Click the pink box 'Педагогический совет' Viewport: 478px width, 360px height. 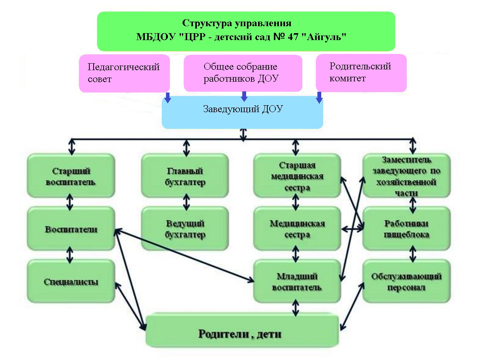pyautogui.click(x=124, y=73)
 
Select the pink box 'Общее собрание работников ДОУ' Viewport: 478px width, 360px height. pyautogui.click(x=243, y=73)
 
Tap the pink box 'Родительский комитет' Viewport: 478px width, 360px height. pyautogui.click(x=361, y=72)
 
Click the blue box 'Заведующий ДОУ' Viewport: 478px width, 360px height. pyautogui.click(x=242, y=112)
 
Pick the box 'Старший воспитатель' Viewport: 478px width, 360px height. pyautogui.click(x=70, y=176)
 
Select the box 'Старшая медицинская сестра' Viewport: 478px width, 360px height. pyautogui.click(x=297, y=176)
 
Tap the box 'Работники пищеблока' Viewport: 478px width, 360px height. pyautogui.click(x=406, y=229)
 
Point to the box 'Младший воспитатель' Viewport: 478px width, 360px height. pyautogui.click(x=297, y=281)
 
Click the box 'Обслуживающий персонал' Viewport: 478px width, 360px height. pyautogui.click(x=406, y=281)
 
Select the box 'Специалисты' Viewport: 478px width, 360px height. pyautogui.click(x=70, y=281)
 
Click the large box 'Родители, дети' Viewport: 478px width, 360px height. pyautogui.click(x=242, y=333)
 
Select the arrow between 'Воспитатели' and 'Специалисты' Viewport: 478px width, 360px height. pyautogui.click(x=70, y=254)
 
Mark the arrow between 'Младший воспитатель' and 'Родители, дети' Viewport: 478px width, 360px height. pyautogui.click(x=296, y=308)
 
